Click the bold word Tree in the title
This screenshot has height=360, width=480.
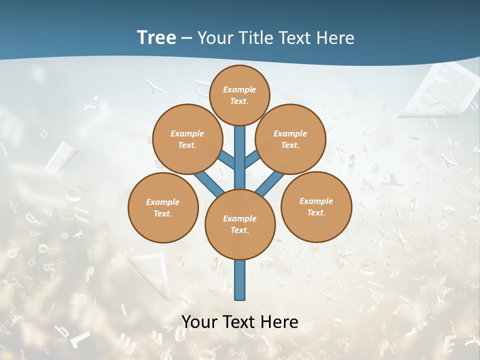point(156,37)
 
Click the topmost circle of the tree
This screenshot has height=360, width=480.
point(239,95)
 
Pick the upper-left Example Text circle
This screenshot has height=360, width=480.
point(187,139)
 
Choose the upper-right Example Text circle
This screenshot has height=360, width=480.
point(290,139)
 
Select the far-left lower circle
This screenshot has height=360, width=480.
point(163,207)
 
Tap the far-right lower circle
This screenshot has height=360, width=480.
point(316,206)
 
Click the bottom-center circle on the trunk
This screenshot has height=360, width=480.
point(240,224)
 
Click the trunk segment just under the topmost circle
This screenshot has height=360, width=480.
point(240,137)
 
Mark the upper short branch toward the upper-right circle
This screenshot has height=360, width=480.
point(251,159)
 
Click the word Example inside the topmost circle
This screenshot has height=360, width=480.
point(239,89)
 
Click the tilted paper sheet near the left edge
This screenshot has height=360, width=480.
point(61,156)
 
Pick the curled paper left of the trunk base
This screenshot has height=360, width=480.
point(150,272)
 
